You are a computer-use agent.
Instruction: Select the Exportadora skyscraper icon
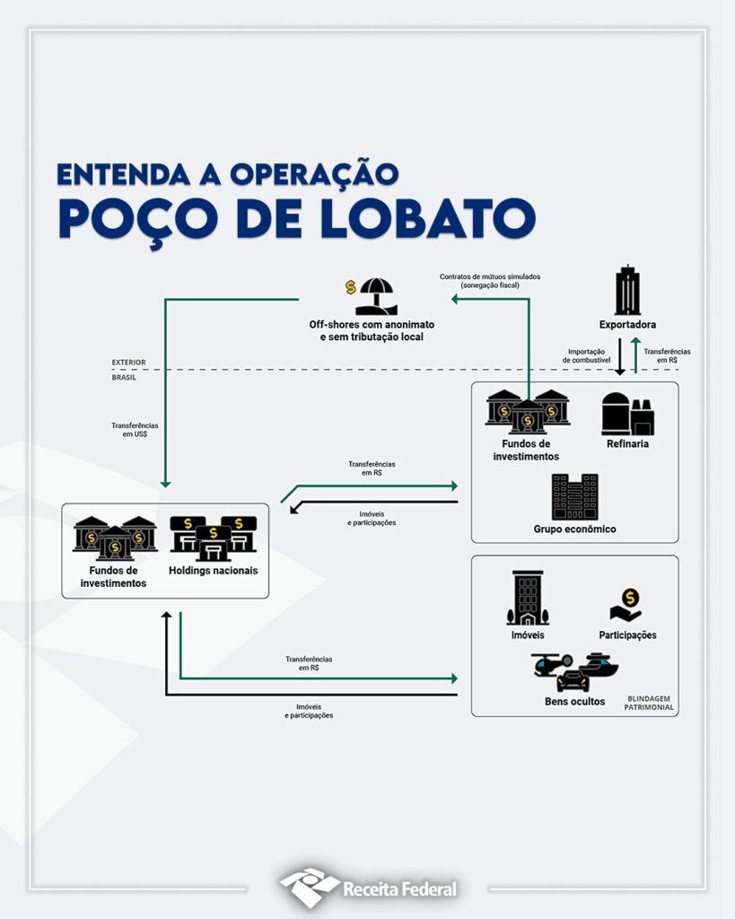click(627, 291)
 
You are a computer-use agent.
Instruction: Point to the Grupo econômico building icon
click(574, 496)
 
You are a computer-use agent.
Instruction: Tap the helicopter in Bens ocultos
click(550, 665)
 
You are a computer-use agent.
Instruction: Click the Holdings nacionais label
click(213, 570)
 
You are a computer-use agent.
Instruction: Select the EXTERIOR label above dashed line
click(128, 363)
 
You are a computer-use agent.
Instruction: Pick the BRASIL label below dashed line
click(125, 378)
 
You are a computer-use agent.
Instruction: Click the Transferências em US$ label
click(135, 429)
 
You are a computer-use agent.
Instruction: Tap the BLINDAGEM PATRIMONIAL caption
click(650, 703)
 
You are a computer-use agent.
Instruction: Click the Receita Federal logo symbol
click(309, 887)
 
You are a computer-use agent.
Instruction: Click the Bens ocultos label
click(574, 701)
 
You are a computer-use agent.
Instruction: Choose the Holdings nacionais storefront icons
click(214, 537)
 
